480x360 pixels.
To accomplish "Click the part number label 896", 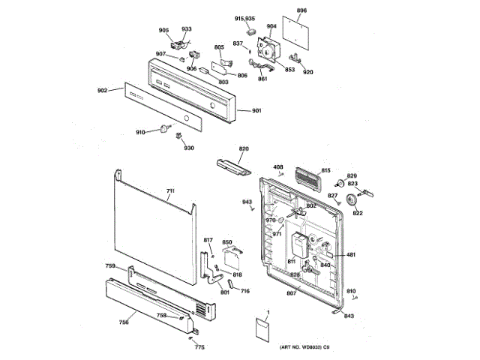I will (x=301, y=10).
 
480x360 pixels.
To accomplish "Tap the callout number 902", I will (x=103, y=91).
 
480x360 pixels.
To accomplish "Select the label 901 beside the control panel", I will (x=256, y=112).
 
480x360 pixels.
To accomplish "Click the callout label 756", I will (x=124, y=322).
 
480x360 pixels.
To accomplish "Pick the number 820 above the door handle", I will (x=243, y=149).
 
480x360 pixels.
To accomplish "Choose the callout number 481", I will (x=350, y=255).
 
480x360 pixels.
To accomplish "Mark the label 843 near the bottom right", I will (x=349, y=316).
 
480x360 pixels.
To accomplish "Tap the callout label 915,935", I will (x=244, y=17).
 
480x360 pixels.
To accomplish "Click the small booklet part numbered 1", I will (x=263, y=329).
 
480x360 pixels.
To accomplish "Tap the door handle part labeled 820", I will (x=232, y=165).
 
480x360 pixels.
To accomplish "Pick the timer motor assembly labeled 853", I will (x=268, y=51).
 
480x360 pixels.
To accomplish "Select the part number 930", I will (x=189, y=148).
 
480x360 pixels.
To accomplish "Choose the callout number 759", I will (x=110, y=266).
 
